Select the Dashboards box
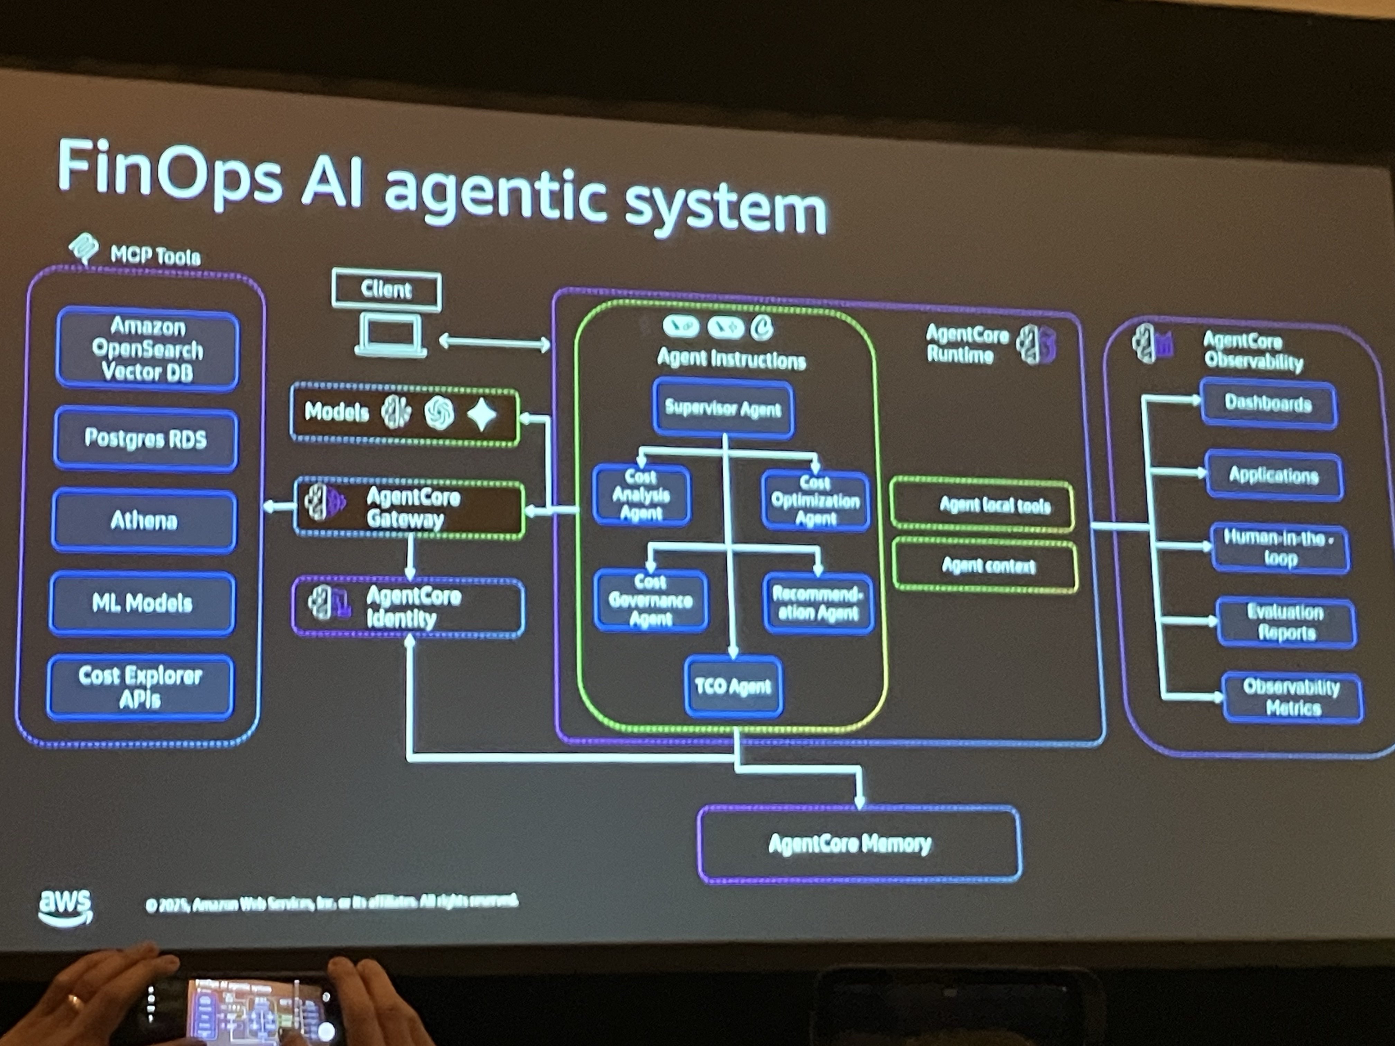point(1268,404)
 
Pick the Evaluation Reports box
point(1285,622)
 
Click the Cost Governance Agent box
point(650,600)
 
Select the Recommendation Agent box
point(818,603)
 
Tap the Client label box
point(386,290)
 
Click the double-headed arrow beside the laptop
point(494,342)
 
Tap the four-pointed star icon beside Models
point(482,414)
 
